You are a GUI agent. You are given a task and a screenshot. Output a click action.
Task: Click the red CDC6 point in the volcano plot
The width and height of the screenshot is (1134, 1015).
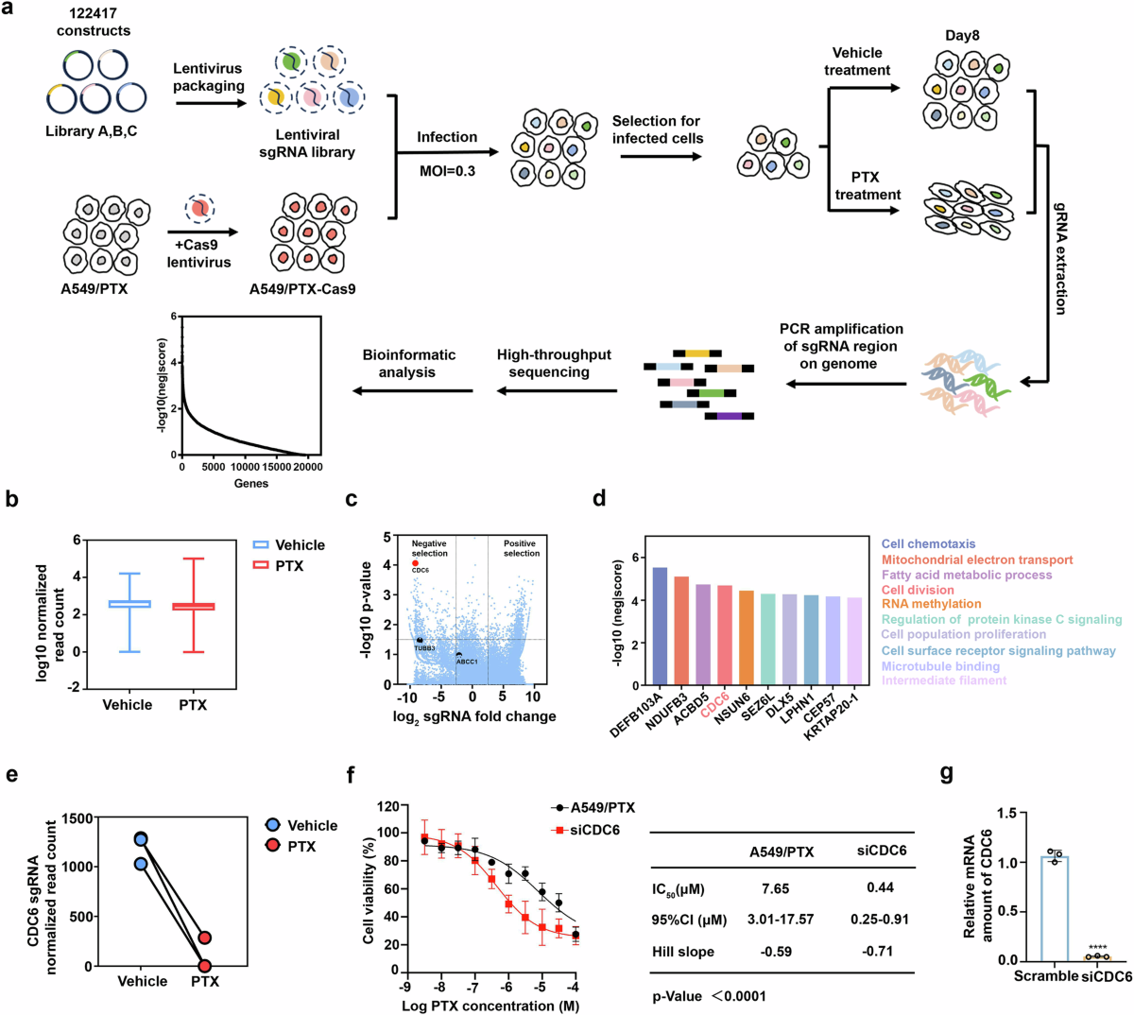pyautogui.click(x=415, y=563)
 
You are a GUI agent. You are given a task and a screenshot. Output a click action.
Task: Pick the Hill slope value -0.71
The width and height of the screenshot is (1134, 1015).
pyautogui.click(x=880, y=952)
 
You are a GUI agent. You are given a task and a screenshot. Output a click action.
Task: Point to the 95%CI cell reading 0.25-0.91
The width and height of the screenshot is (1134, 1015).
pyautogui.click(x=880, y=920)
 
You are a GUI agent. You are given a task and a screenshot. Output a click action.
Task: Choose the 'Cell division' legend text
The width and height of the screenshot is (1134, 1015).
pyautogui.click(x=918, y=590)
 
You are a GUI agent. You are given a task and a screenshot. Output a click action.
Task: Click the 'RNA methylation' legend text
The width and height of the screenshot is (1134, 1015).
pyautogui.click(x=931, y=604)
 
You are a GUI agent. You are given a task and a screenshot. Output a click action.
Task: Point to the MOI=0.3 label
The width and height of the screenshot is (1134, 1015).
pyautogui.click(x=448, y=171)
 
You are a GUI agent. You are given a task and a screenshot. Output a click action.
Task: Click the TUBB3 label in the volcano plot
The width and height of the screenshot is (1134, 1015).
pyautogui.click(x=424, y=648)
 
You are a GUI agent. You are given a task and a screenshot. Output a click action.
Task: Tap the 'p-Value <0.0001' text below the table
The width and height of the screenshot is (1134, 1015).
pyautogui.click(x=709, y=995)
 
